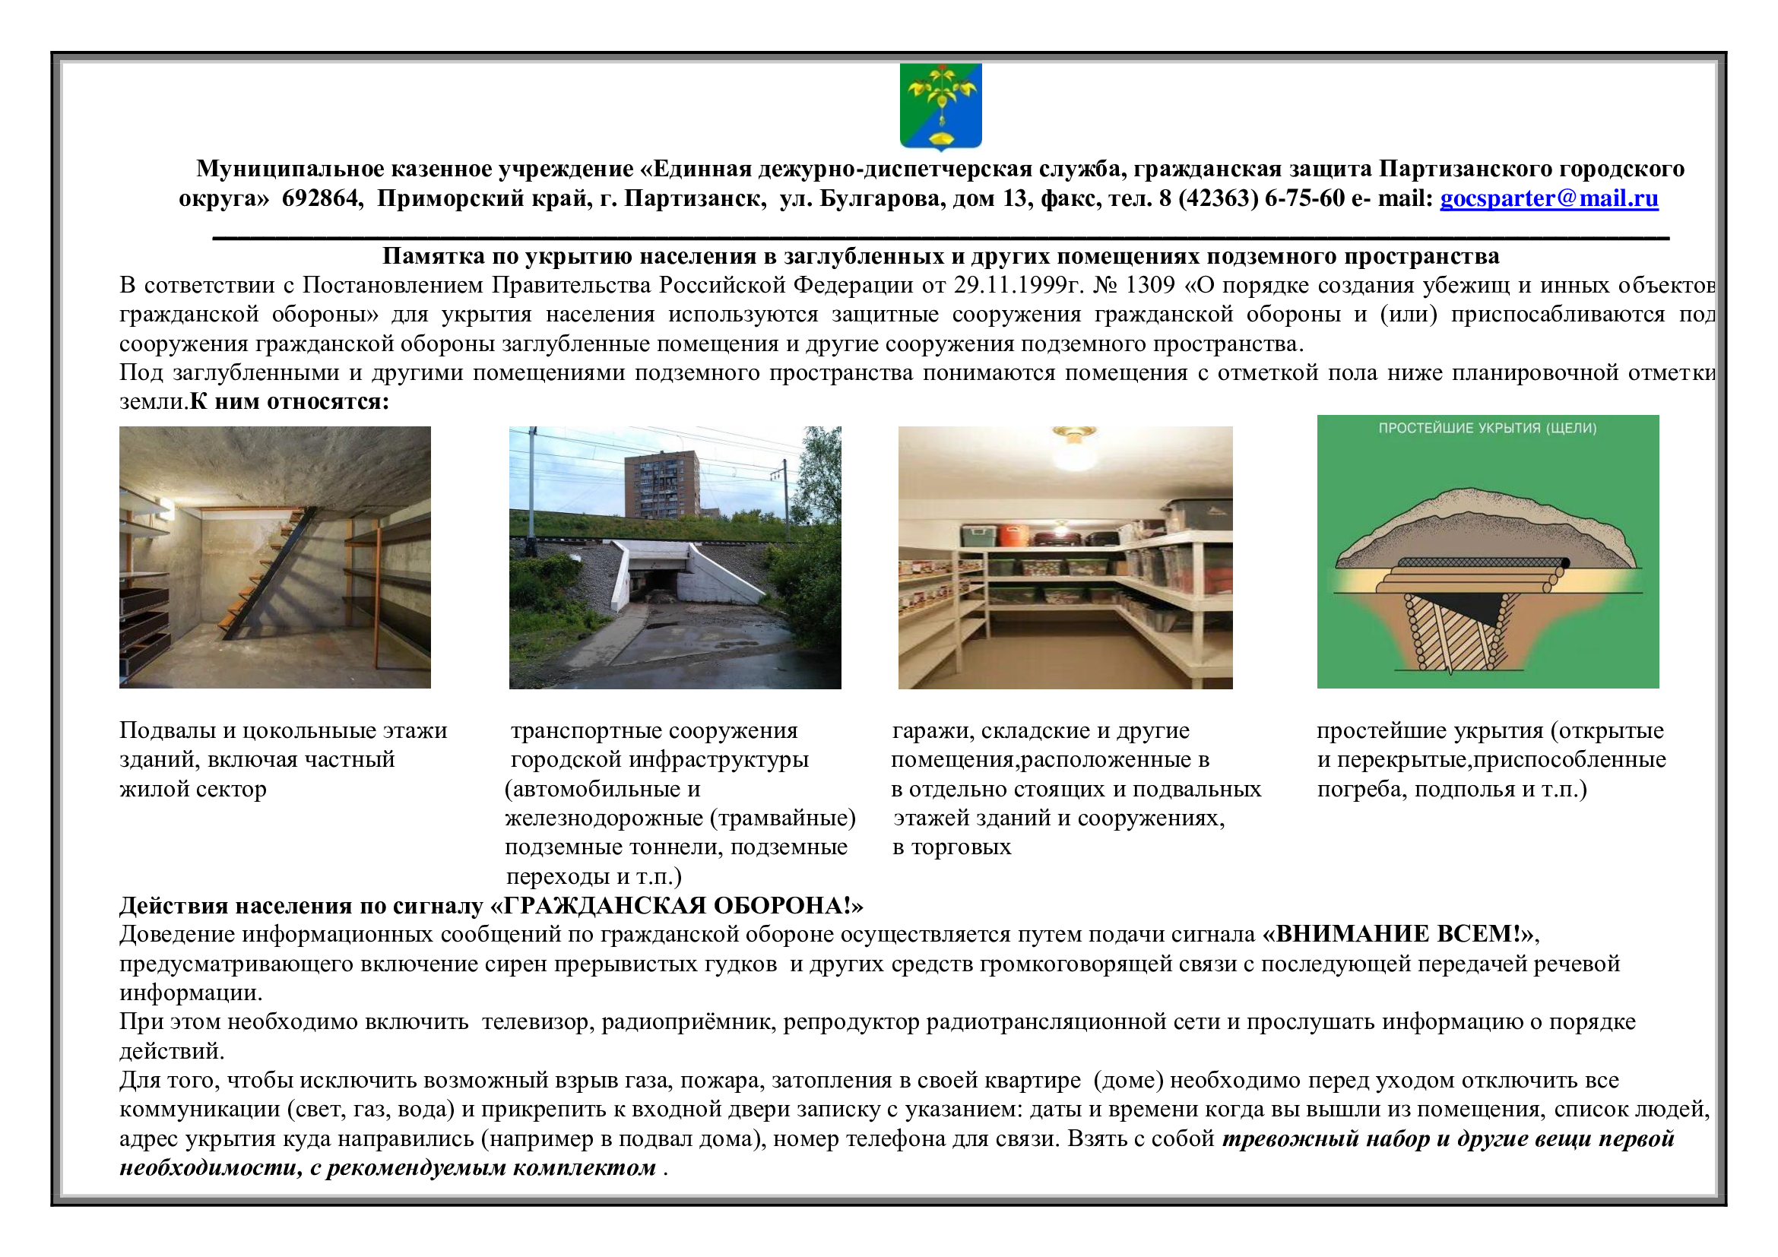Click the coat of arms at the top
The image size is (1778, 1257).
click(941, 107)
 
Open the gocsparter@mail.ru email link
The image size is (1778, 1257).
click(1548, 199)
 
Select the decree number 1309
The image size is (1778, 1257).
click(1149, 286)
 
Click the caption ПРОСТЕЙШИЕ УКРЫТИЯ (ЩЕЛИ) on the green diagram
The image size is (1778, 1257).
click(1487, 429)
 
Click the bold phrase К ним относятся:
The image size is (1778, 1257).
click(289, 403)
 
